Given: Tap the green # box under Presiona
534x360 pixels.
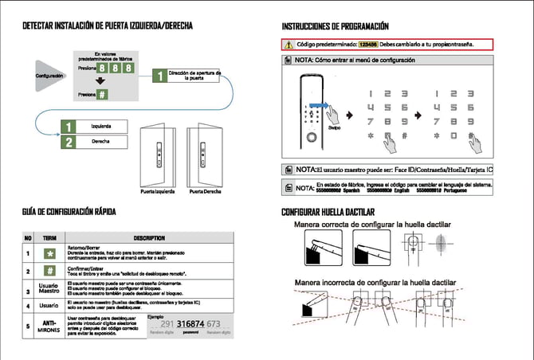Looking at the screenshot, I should [x=104, y=94].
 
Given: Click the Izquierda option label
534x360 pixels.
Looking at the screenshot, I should [x=101, y=127].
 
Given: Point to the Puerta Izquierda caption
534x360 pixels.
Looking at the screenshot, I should [x=158, y=192].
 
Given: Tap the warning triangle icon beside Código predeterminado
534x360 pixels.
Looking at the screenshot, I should [x=289, y=45].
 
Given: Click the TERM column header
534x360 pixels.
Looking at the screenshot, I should [x=51, y=237].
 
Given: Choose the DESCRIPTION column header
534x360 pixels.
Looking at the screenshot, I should [x=148, y=237].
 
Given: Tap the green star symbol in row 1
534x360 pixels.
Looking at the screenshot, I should [x=51, y=253].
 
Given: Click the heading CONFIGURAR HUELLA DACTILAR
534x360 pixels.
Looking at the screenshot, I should [x=339, y=213].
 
